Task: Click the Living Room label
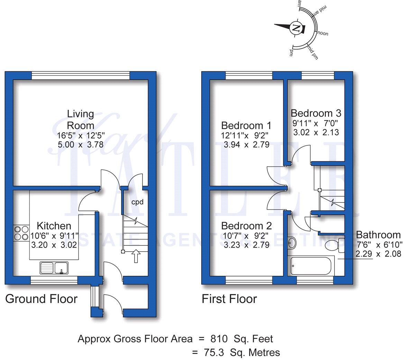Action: pos(80,119)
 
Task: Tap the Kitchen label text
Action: pos(54,226)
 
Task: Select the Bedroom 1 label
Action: pos(246,125)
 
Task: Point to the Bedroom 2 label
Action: pos(246,226)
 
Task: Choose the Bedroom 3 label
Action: pos(316,113)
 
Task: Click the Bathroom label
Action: pos(378,235)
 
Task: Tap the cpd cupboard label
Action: pos(137,202)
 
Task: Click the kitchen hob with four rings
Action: pos(21,233)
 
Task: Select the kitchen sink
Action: pos(54,268)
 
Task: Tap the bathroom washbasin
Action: pos(291,243)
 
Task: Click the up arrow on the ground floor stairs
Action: pos(136,256)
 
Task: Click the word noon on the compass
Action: pos(323,34)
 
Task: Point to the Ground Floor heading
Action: pos(41,299)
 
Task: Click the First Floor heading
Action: pos(229,299)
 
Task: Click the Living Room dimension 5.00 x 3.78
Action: pos(80,144)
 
